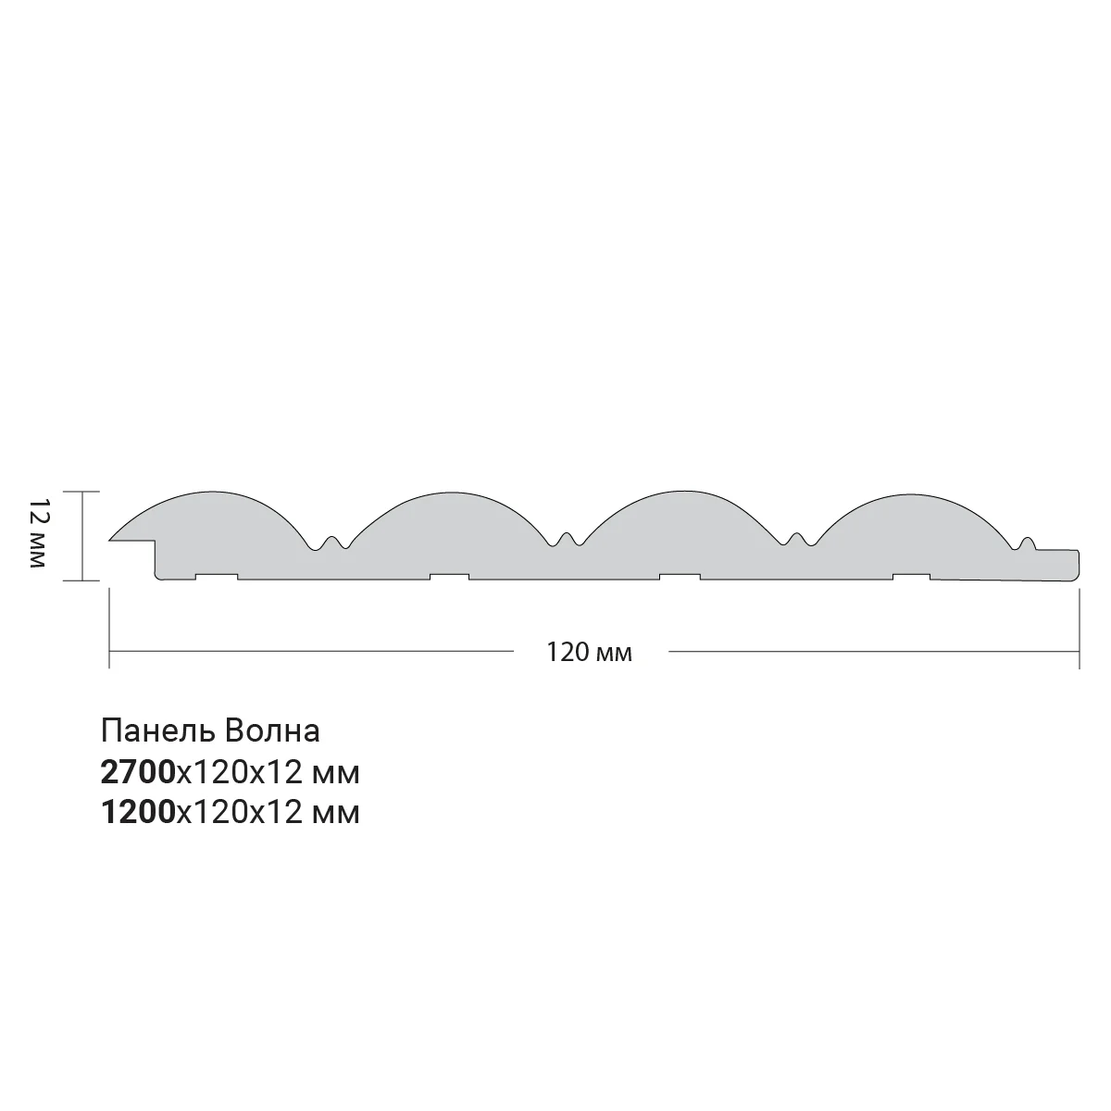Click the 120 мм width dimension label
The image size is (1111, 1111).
pos(589,653)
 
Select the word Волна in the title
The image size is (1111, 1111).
pos(272,731)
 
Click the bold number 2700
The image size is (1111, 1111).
pos(138,772)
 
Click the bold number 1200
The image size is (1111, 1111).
pos(138,812)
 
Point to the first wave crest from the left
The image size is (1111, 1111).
pos(213,493)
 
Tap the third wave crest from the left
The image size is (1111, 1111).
pos(684,492)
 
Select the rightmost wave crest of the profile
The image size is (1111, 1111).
pos(911,495)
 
